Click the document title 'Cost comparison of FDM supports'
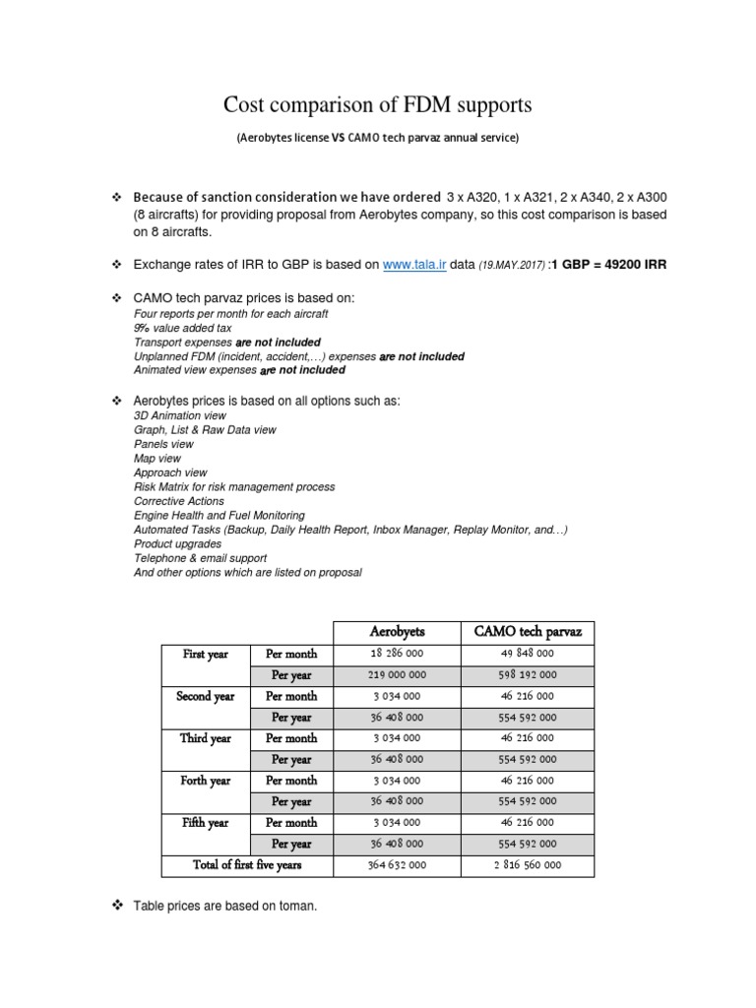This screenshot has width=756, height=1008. [x=377, y=104]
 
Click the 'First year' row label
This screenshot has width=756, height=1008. [x=205, y=654]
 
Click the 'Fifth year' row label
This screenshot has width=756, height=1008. [x=205, y=823]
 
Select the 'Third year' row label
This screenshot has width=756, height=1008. [x=205, y=738]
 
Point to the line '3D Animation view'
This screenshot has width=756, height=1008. [x=180, y=416]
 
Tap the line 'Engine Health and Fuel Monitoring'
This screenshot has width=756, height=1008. [x=219, y=515]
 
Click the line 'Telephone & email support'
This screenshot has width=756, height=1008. [x=200, y=558]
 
